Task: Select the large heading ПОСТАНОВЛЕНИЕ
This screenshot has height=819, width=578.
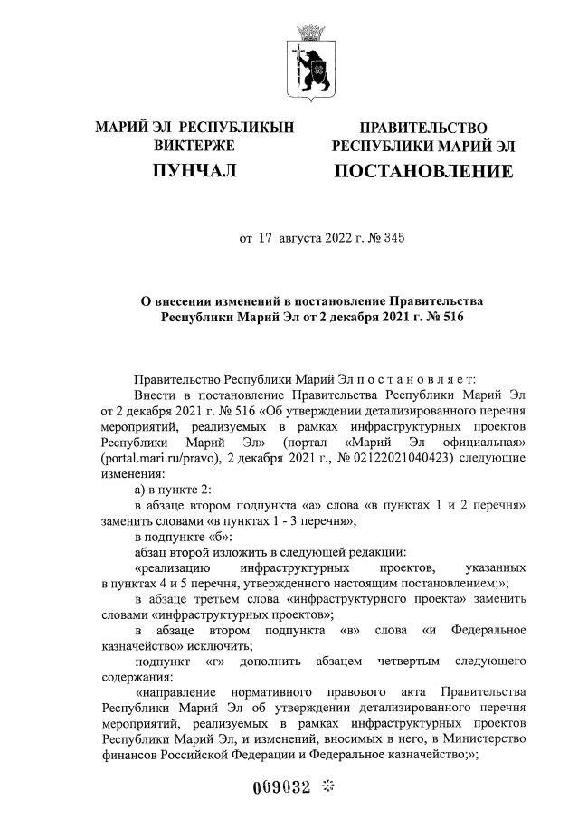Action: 423,171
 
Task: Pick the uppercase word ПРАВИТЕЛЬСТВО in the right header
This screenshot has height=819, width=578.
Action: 423,128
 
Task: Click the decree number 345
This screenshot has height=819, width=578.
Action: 393,239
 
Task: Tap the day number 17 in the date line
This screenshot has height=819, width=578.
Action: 265,239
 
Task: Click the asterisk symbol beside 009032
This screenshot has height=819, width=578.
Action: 327,786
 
